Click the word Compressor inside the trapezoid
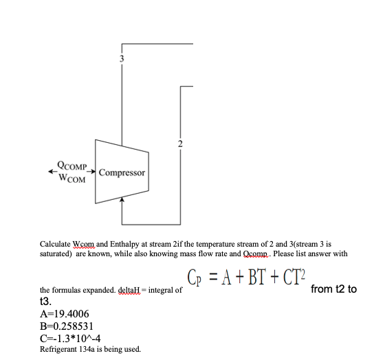(122, 172)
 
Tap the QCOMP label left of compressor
(72, 166)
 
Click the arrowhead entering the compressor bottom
(122, 200)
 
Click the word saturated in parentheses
(56, 254)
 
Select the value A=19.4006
(65, 313)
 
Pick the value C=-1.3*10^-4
(71, 337)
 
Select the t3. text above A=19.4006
(46, 301)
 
